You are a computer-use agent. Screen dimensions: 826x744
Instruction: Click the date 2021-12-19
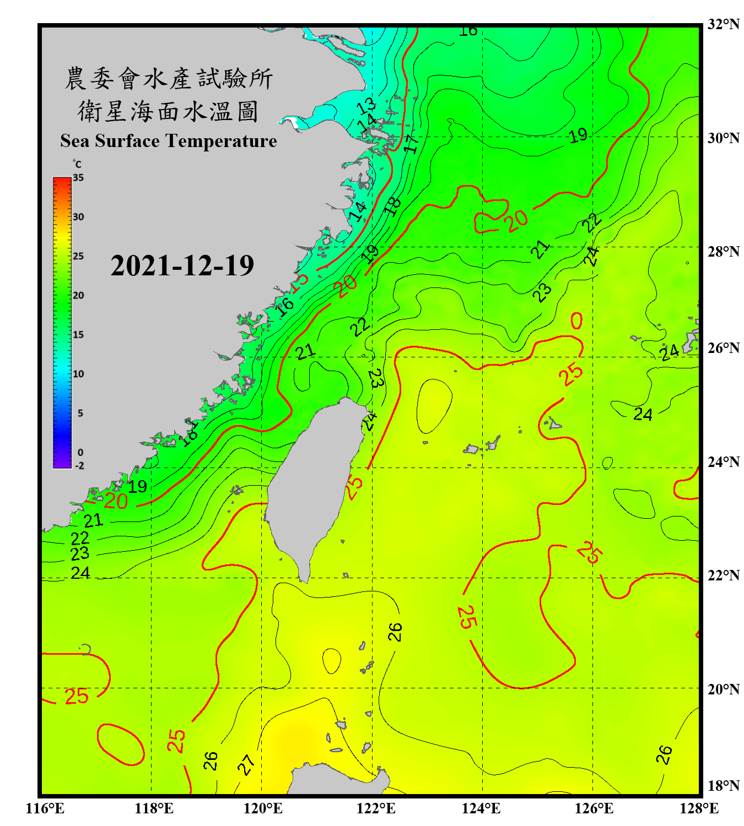point(182,266)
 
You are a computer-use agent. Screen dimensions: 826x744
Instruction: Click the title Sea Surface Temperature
point(169,141)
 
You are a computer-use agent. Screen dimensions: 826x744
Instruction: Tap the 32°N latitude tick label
point(723,24)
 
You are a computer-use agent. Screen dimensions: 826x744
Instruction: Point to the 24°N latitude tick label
point(723,462)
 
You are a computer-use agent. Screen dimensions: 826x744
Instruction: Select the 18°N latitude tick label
point(723,786)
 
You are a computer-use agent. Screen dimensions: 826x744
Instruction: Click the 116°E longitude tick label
point(45,808)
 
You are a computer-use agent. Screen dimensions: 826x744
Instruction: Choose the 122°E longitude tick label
point(376,808)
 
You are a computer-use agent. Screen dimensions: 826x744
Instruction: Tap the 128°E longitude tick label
point(699,808)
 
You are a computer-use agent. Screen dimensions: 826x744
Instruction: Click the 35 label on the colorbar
point(78,178)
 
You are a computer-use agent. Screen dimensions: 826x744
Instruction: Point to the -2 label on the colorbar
point(79,466)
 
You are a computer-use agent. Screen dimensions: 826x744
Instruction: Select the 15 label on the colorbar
point(78,335)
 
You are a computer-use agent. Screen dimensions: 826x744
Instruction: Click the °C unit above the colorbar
point(77,164)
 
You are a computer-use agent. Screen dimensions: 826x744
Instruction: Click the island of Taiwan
point(311,485)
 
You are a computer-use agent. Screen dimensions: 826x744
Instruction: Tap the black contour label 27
point(246,764)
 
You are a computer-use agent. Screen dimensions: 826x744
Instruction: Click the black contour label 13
point(366,105)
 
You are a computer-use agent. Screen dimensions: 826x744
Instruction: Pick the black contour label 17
point(411,143)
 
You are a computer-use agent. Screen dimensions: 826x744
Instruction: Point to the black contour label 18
point(392,206)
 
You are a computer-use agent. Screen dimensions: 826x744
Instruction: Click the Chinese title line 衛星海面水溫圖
point(168,111)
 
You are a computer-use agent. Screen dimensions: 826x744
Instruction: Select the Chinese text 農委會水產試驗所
point(168,79)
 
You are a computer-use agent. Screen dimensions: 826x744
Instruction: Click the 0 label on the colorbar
point(80,453)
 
